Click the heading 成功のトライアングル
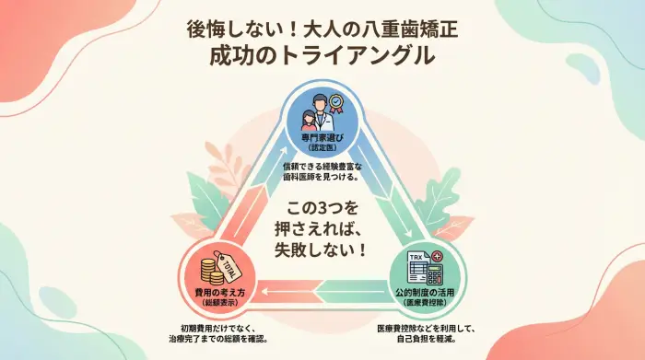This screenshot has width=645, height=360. tap(322, 54)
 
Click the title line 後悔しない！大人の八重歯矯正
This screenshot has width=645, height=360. tap(322, 27)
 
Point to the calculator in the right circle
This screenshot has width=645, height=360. tap(432, 272)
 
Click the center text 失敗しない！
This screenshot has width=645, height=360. tap(321, 249)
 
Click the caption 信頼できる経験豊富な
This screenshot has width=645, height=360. tap(322, 167)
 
